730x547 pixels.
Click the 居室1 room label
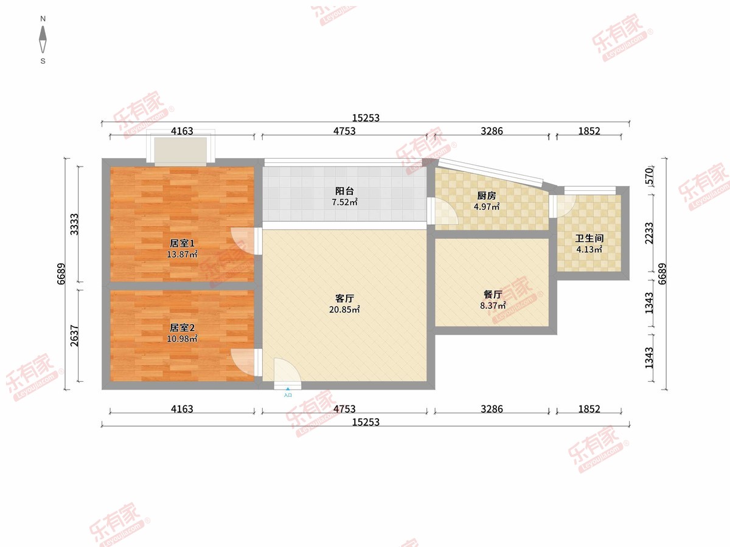pyautogui.click(x=182, y=244)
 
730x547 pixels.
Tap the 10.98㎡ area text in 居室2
pyautogui.click(x=182, y=339)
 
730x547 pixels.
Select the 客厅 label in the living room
pyautogui.click(x=344, y=298)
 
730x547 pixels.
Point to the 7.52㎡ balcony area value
pyautogui.click(x=344, y=202)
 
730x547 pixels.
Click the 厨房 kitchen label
pyautogui.click(x=486, y=196)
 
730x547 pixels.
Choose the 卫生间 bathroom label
pyautogui.click(x=589, y=238)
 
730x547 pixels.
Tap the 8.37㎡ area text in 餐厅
pyautogui.click(x=493, y=305)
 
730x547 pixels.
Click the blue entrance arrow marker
pyautogui.click(x=287, y=388)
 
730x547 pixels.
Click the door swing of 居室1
pyautogui.click(x=243, y=241)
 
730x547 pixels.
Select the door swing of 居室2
pyautogui.click(x=243, y=362)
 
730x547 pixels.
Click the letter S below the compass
pyautogui.click(x=43, y=61)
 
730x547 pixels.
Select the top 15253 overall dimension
pyautogui.click(x=366, y=118)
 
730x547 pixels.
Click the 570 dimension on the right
pyautogui.click(x=648, y=176)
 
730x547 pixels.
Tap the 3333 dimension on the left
pyautogui.click(x=74, y=224)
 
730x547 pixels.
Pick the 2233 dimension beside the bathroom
pyautogui.click(x=649, y=233)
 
